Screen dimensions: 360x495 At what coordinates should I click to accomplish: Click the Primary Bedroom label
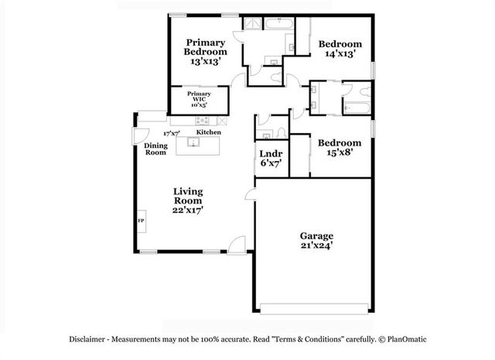click(x=205, y=47)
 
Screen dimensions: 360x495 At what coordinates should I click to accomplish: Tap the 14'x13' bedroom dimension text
click(x=340, y=54)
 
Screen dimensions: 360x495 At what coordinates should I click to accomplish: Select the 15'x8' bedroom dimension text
click(x=340, y=153)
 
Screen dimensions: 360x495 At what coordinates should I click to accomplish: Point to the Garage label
click(x=316, y=235)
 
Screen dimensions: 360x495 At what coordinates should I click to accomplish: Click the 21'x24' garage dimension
click(x=316, y=245)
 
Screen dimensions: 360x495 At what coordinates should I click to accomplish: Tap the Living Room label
click(x=188, y=196)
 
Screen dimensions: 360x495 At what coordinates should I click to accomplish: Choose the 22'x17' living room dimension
click(x=188, y=209)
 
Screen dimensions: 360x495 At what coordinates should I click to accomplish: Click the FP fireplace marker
click(x=141, y=221)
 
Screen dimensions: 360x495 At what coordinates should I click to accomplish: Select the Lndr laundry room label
click(x=270, y=153)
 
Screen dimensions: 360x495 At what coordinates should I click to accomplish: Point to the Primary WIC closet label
click(x=199, y=97)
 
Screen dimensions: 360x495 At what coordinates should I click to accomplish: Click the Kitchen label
click(x=208, y=132)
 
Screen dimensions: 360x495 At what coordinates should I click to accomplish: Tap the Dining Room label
click(x=155, y=149)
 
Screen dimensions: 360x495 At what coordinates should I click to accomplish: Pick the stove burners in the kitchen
click(x=203, y=120)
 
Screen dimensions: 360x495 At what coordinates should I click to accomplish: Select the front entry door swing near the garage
click(x=239, y=245)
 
